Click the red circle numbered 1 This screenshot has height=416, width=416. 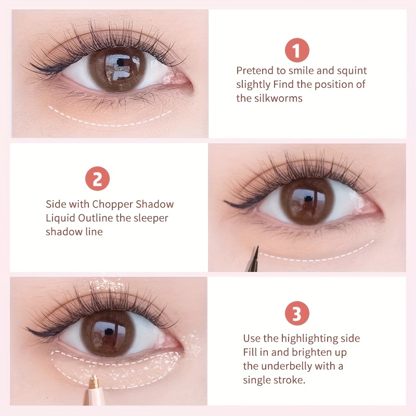tap(297, 50)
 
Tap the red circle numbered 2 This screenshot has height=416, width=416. tap(97, 178)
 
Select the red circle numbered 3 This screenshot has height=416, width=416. tap(297, 314)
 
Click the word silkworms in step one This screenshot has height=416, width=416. tap(278, 98)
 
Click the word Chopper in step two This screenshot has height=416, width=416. tap(112, 204)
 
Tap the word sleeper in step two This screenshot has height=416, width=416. tap(151, 218)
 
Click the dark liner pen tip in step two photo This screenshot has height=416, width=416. tap(256, 251)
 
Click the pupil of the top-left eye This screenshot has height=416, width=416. tap(120, 62)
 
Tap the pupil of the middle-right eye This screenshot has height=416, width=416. tap(308, 199)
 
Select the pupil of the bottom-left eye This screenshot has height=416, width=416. tap(109, 331)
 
